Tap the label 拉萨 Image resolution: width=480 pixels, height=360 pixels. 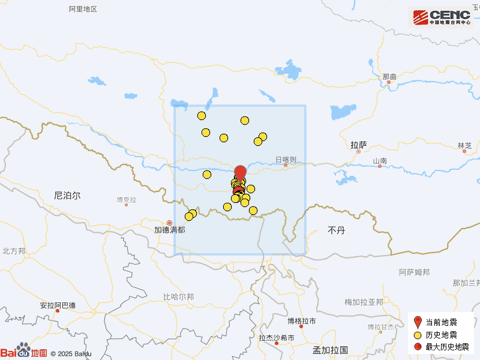pyautogui.click(x=359, y=145)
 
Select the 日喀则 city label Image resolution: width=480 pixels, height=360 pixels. pyautogui.click(x=286, y=159)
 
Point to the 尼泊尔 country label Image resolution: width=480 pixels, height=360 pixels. pyautogui.click(x=67, y=195)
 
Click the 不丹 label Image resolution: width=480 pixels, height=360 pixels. pyautogui.click(x=336, y=230)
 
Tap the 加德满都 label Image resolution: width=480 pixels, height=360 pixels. pyautogui.click(x=169, y=230)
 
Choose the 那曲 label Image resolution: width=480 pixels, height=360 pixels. pyautogui.click(x=389, y=77)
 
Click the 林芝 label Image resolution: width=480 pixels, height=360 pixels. pyautogui.click(x=464, y=146)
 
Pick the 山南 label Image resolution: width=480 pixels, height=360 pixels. pyautogui.click(x=380, y=160)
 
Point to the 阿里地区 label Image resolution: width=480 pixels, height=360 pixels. pyautogui.click(x=83, y=9)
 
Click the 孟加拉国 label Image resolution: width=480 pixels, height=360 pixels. pyautogui.click(x=331, y=350)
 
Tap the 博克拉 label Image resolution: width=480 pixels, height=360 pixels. pyautogui.click(x=126, y=200)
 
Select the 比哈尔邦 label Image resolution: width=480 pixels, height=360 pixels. pyautogui.click(x=178, y=296)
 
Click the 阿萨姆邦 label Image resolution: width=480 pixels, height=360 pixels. pyautogui.click(x=414, y=272)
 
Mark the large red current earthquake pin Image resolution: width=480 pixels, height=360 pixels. pyautogui.click(x=240, y=173)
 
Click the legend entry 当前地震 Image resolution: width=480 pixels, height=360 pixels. pyautogui.click(x=441, y=323)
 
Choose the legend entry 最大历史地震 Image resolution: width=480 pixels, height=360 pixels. pyautogui.click(x=447, y=347)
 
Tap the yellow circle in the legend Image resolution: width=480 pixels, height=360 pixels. pyautogui.click(x=418, y=335)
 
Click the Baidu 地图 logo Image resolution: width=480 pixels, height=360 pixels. pyautogui.click(x=24, y=352)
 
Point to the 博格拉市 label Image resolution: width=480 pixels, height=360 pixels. pyautogui.click(x=301, y=321)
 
